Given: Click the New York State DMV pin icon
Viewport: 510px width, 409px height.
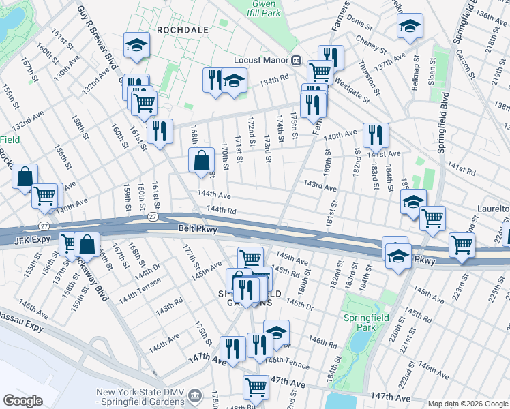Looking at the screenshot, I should (x=195, y=395).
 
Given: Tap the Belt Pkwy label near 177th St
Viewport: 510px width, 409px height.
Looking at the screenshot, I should (x=198, y=230).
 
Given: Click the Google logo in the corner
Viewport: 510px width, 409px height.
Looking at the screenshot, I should (x=23, y=400).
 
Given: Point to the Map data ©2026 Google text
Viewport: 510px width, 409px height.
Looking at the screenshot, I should (x=468, y=404).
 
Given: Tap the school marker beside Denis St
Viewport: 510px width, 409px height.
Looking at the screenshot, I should (x=409, y=26).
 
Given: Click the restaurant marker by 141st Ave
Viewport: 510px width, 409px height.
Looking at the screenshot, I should (x=376, y=135).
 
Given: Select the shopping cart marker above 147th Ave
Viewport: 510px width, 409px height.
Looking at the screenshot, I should (x=256, y=386).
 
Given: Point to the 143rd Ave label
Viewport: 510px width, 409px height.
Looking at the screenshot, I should (x=320, y=185).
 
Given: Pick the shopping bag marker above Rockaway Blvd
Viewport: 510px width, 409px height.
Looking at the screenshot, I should (x=89, y=243).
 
